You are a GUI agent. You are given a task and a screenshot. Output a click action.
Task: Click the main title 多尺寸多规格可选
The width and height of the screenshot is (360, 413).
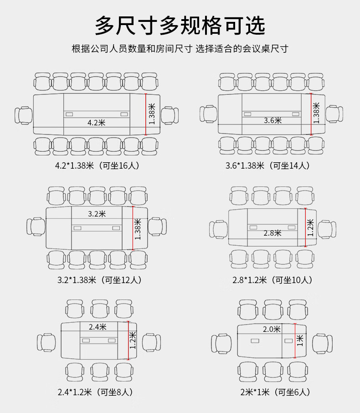coord(180,26)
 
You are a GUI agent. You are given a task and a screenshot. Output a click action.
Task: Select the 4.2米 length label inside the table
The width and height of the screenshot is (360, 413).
coord(96,122)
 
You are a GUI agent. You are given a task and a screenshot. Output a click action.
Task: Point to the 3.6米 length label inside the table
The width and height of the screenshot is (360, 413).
coord(273,120)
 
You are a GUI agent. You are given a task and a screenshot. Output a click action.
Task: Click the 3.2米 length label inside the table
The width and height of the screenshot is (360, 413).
coord(97,213)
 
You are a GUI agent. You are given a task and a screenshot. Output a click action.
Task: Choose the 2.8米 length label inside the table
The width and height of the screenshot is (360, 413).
coord(272,233)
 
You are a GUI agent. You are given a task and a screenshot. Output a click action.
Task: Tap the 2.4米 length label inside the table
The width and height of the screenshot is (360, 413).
coord(98,326)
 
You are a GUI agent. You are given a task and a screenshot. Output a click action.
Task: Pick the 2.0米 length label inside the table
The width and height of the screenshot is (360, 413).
coord(272,329)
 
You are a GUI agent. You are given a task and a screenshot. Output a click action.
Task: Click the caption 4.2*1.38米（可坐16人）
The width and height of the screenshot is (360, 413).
coord(97,165)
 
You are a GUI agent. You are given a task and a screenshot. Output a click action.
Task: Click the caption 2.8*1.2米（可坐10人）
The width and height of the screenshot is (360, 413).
coord(272,279)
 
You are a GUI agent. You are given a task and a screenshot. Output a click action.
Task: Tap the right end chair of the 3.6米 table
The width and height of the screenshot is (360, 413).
coord(334,114)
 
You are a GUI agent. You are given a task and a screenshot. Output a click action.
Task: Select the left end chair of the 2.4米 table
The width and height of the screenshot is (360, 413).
coord(46,342)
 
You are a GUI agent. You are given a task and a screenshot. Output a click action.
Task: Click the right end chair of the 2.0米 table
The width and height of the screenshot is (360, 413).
coord(323,343)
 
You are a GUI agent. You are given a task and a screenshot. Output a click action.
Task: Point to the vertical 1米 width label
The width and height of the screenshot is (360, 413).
coord(299,340)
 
